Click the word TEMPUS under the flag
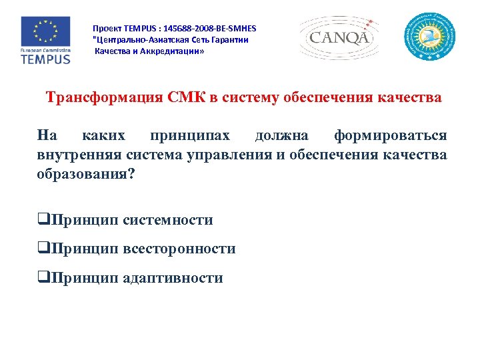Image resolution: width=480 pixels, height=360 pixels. (45, 59)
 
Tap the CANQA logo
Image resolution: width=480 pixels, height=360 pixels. (339, 37)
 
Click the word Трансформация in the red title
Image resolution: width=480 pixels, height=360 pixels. (103, 98)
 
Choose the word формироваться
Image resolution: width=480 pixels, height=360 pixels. (391, 136)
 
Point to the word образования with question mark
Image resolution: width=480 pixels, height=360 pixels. (86, 175)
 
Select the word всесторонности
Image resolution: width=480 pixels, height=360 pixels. (179, 249)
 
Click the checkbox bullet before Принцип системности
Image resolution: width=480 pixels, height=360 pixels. (44, 220)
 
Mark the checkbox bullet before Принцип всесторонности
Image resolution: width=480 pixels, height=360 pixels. (44, 249)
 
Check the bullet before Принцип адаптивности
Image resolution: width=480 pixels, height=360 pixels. (44, 278)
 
